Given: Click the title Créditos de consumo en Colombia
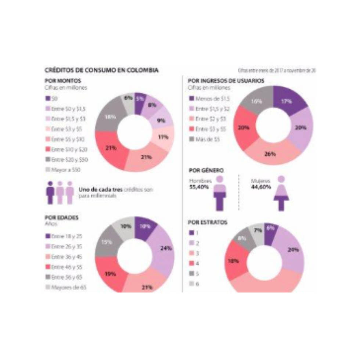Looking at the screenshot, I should click(x=101, y=70).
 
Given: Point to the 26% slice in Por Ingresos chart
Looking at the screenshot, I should click(x=270, y=154).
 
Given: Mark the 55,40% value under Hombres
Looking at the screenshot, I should click(x=199, y=187).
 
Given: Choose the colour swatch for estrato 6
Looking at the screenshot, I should click(x=191, y=284).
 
